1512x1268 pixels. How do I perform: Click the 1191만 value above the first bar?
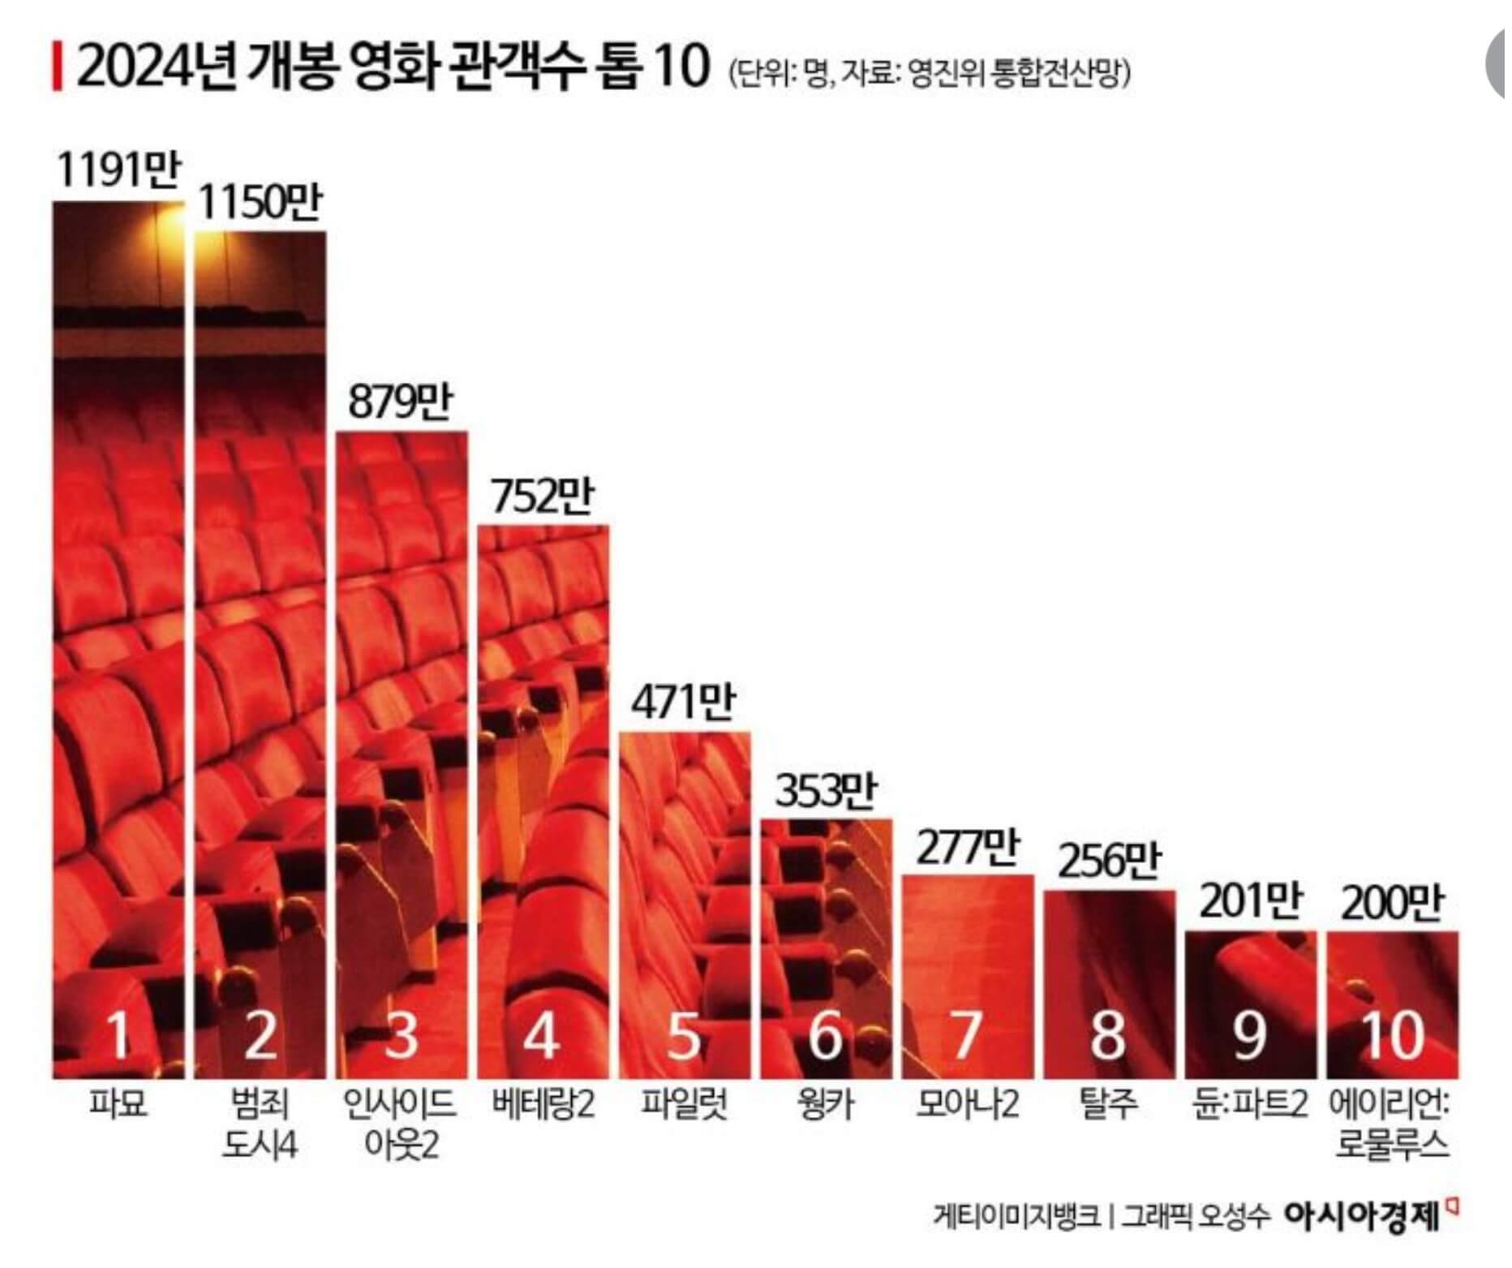119,171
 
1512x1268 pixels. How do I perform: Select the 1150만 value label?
260,203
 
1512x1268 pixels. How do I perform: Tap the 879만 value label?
401,402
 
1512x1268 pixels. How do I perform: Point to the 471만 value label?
683,703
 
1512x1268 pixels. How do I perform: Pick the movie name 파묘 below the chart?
118,1104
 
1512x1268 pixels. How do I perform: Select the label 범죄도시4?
260,1124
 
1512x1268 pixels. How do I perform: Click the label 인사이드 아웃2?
401,1124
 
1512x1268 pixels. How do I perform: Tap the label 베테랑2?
543,1104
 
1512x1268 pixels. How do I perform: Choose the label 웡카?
825,1104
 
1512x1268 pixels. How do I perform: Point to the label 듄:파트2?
1250,1104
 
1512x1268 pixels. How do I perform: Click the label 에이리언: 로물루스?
1392,1124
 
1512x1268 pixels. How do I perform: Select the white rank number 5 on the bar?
683,1036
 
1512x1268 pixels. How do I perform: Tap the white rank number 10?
1392,1036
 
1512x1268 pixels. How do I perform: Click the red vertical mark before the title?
57,68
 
